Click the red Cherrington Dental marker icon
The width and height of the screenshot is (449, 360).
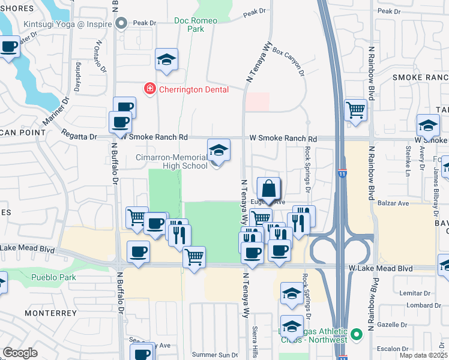point(148,89)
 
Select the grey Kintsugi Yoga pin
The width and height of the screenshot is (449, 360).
point(122,23)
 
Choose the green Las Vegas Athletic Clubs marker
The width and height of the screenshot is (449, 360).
point(357,333)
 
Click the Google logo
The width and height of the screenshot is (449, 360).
point(20,353)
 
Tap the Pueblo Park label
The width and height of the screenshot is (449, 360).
point(55,278)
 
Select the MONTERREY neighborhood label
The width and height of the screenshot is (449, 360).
point(50,313)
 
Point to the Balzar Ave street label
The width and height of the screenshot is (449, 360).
point(394,203)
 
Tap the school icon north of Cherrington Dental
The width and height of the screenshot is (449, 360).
point(166,60)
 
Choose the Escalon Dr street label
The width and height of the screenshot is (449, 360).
point(406,348)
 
